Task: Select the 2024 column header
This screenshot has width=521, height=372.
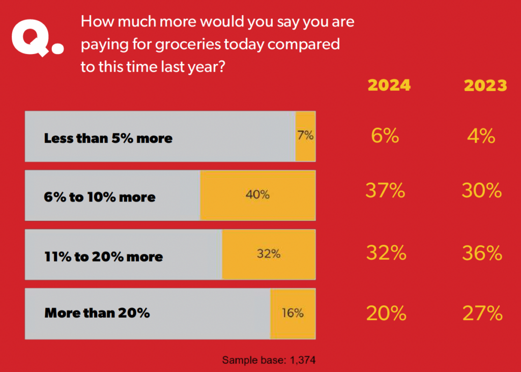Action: coord(389,85)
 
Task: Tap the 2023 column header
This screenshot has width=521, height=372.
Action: coord(485,85)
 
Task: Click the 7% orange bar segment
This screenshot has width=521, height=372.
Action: coord(305,136)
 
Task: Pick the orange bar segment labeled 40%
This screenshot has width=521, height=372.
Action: coord(257,195)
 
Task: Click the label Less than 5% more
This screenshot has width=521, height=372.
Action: coord(108,138)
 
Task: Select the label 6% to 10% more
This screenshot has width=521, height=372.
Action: coord(100,197)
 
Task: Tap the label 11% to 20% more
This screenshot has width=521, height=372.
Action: coord(104,256)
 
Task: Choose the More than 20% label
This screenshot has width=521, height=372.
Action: coord(97,312)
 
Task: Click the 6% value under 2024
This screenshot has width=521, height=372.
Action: coord(385,136)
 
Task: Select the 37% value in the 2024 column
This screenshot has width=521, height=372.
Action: coord(385,191)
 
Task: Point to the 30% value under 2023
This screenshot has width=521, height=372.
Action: coord(482,191)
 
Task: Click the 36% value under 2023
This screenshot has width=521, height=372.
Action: coord(482,253)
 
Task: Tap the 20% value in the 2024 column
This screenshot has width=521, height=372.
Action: coord(385,313)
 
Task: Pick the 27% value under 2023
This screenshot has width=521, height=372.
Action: coord(482,313)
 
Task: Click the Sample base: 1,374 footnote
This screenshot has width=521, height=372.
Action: coord(269,360)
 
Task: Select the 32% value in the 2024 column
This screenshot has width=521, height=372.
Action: coord(385,253)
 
